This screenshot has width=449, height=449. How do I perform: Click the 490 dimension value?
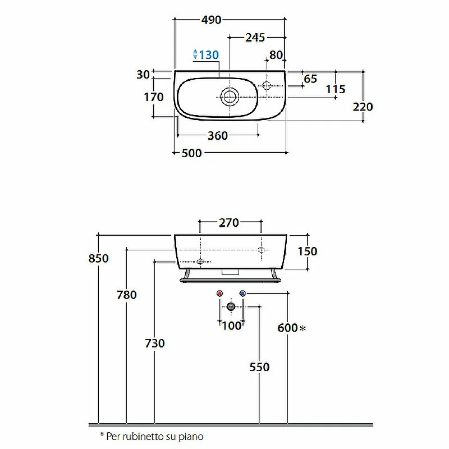point(212,20)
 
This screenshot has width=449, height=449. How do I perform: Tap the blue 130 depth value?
point(209,54)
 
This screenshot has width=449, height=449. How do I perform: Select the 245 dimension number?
point(255,38)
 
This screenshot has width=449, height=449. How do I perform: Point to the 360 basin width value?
point(218,135)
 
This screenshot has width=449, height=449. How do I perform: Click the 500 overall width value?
point(192,153)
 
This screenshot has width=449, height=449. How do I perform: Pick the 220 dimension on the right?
point(363,107)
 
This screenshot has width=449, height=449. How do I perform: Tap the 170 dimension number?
point(154,97)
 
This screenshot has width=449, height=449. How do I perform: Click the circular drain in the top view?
point(230,97)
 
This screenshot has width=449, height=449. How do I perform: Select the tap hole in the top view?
point(267,85)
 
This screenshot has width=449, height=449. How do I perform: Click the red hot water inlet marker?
point(219,294)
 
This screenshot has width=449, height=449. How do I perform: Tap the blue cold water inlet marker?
point(242,294)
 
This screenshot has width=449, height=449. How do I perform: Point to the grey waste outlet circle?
point(231,306)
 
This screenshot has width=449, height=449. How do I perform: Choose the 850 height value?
point(99,258)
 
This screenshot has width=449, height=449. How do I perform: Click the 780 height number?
point(127,295)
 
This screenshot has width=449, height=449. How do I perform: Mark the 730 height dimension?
point(155,343)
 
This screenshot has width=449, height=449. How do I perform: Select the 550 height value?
point(259,367)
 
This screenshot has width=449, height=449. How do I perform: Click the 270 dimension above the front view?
point(229,222)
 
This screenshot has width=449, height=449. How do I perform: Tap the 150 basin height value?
point(308,251)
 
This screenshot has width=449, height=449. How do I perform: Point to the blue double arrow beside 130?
point(195,54)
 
